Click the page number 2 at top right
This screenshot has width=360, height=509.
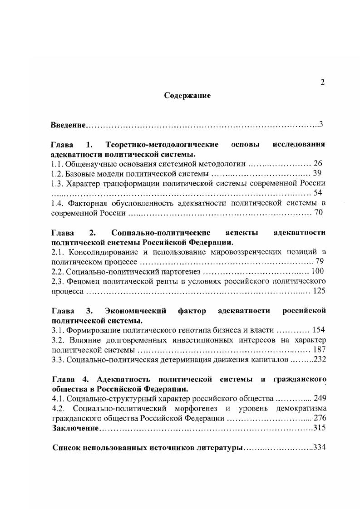tap(322, 82)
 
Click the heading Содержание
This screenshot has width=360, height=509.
tap(187, 96)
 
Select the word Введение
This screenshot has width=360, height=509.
tap(68, 124)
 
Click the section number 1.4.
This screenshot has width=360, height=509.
tap(58, 203)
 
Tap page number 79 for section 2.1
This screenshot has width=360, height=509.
tap(320, 262)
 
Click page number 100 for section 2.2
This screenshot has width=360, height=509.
tap(318, 272)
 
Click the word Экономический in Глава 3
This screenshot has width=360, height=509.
tap(130, 311)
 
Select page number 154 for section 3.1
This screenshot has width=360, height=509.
tap(318, 330)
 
